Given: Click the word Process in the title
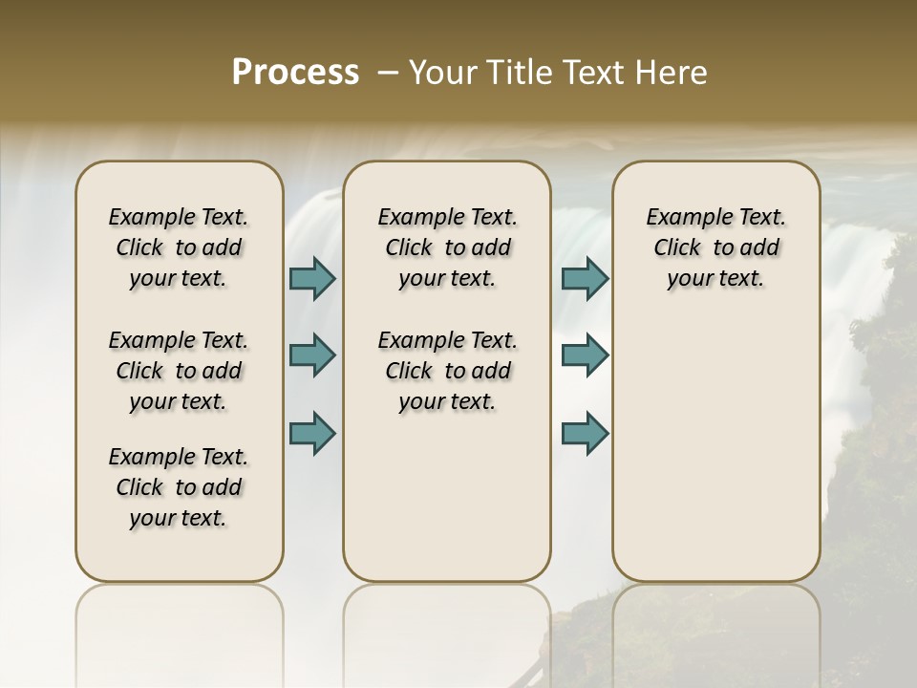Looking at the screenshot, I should point(295,73).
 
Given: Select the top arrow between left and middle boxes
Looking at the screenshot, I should point(312,278).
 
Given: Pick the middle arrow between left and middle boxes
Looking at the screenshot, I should point(312,355).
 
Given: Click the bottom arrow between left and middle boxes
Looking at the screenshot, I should point(312,432).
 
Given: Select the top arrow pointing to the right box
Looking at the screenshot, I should point(585,278).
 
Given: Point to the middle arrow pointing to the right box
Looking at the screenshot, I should point(585,355).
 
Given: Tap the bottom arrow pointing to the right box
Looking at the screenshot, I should point(585,432).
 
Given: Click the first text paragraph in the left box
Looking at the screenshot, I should point(179,247).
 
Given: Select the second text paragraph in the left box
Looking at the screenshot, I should point(179,371).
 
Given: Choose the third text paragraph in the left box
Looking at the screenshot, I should point(179,487).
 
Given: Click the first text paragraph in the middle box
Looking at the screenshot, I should point(447,247).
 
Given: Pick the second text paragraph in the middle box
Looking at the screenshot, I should point(447,371).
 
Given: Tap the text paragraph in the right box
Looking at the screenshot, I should point(715,247).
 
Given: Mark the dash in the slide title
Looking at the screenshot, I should point(389,73).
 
